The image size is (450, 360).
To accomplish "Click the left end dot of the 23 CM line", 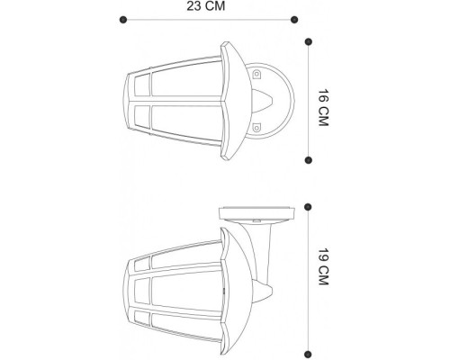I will coord(122,18).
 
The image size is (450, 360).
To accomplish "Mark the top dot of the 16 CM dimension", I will coord(308,41).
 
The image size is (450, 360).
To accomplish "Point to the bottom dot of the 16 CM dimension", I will coord(308,160).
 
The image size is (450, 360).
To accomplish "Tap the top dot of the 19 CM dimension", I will coord(308,206).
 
